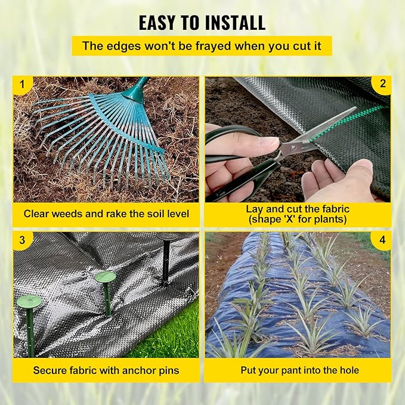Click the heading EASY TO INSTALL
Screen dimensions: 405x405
click(202, 22)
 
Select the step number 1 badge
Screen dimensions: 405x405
click(23, 85)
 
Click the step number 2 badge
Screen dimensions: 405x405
click(382, 85)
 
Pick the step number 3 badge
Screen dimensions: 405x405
click(23, 241)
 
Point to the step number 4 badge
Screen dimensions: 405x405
click(382, 241)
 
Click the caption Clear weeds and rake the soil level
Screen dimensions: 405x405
click(106, 213)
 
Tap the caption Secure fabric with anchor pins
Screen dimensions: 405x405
click(106, 370)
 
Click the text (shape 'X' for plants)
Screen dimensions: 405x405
click(298, 219)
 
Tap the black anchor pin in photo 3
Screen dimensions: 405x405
click(166, 259)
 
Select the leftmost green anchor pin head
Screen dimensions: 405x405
click(29, 302)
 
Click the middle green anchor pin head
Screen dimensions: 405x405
click(106, 277)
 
